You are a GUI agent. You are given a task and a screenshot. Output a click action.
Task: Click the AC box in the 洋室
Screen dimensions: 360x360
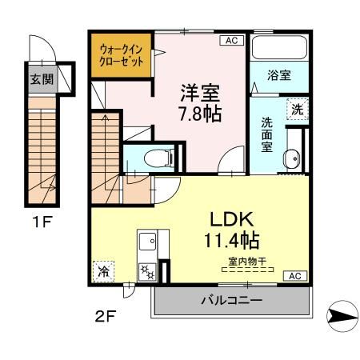[x=230, y=40]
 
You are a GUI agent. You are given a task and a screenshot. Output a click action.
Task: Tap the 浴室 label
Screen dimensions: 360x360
[x=278, y=78]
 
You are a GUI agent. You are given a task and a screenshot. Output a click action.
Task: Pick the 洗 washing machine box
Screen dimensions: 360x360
[x=296, y=110]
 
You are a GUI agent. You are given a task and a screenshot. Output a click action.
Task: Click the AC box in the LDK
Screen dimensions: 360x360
[x=293, y=276]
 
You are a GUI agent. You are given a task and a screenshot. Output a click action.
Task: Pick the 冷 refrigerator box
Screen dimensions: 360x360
[x=102, y=270]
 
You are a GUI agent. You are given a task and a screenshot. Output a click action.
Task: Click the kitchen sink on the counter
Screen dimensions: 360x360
[x=149, y=241]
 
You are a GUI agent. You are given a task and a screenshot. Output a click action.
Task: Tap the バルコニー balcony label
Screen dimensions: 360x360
[x=230, y=301]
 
